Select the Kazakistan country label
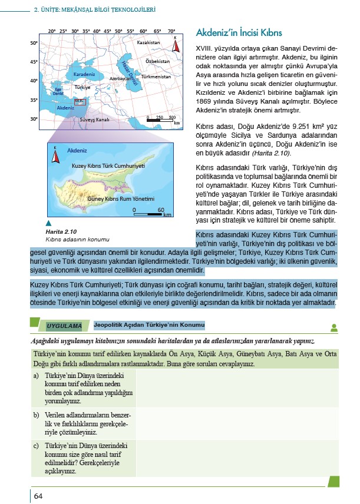point(148,43)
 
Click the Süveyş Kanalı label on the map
point(94,120)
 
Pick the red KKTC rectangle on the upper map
point(80,102)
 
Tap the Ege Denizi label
point(58,92)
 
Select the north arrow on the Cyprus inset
point(55,155)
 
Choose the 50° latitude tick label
point(34,43)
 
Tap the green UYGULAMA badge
point(64,325)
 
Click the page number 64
point(38,495)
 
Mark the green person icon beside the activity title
point(334,327)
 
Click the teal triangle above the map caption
point(49,224)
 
